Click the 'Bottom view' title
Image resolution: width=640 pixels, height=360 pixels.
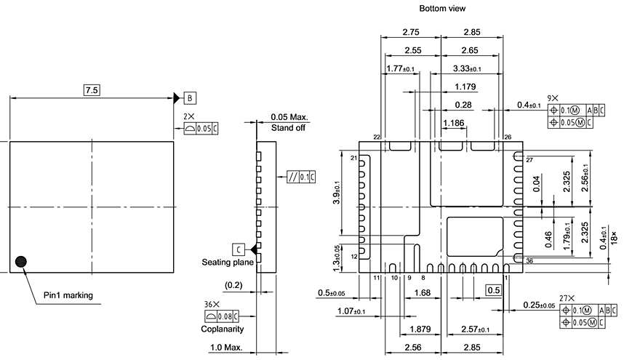point(441,9)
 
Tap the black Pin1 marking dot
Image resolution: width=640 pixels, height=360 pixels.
point(21,261)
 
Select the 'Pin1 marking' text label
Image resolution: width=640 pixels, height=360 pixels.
point(68,295)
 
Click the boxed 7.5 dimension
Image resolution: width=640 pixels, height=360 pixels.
point(92,90)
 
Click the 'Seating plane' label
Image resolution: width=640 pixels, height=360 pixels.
point(227,261)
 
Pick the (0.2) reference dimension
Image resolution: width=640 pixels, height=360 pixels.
point(234,284)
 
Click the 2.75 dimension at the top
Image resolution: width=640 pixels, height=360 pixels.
point(412,33)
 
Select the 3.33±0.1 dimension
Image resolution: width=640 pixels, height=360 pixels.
point(471,69)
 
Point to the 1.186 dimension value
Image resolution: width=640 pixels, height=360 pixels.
point(454,123)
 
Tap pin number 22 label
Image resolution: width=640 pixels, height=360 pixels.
point(376,137)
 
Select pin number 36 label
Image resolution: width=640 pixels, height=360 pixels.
point(528,261)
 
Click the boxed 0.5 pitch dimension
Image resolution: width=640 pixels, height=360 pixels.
point(494,290)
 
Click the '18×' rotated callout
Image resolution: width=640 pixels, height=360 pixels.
point(615,239)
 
